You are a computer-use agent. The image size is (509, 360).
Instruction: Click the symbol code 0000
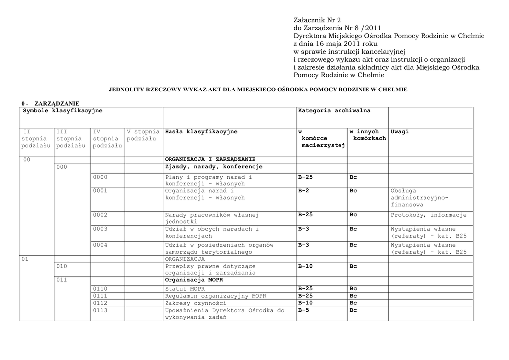[100, 177]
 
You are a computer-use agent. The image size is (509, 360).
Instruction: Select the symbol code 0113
[100, 310]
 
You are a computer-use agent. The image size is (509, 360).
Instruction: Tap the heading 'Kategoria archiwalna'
[334, 111]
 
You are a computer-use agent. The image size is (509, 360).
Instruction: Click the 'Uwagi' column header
[400, 132]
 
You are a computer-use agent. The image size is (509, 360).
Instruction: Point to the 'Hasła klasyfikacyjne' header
[201, 132]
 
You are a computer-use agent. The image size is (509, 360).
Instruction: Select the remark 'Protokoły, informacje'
[428, 215]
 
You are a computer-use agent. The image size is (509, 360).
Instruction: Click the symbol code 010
[62, 266]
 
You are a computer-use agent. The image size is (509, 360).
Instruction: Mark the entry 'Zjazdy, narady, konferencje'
[214, 167]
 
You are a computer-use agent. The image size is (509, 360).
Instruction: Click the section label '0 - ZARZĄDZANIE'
[50, 103]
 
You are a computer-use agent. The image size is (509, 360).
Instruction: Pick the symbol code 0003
[100, 229]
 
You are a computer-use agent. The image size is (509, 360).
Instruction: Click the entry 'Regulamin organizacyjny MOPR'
[215, 296]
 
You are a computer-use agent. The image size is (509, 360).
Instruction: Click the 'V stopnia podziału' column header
[143, 135]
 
